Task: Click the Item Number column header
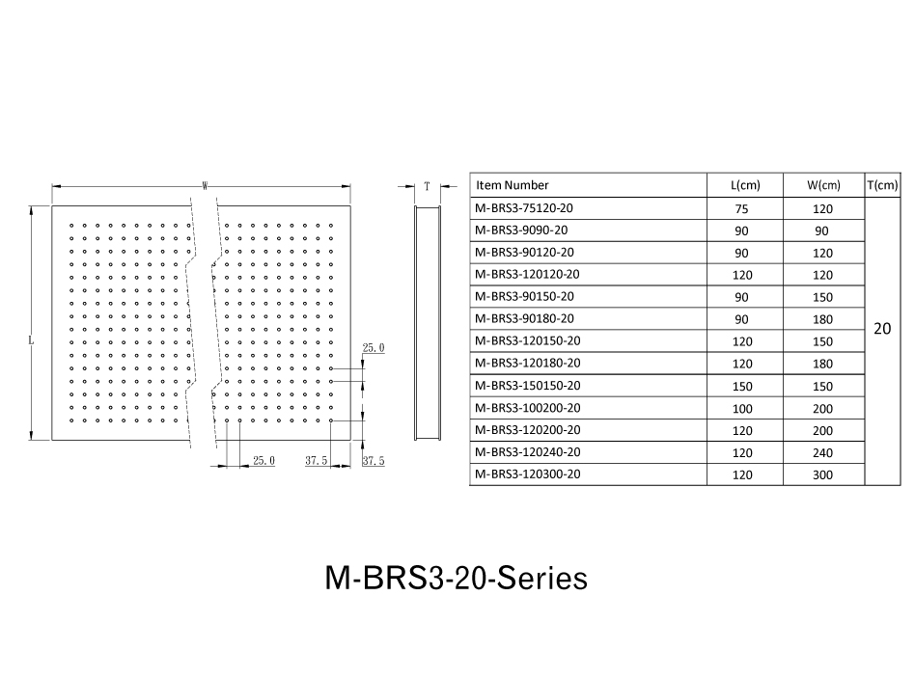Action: (x=512, y=185)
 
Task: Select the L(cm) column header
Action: (x=745, y=185)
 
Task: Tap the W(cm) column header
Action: (x=823, y=185)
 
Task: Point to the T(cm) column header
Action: (x=882, y=185)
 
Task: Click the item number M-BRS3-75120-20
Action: (x=523, y=208)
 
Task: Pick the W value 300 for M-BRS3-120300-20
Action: (x=822, y=474)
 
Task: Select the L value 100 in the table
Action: (x=742, y=409)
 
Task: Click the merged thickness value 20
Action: (x=882, y=329)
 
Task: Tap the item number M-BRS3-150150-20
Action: (x=528, y=386)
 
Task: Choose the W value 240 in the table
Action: (x=822, y=452)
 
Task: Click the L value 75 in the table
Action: (x=741, y=208)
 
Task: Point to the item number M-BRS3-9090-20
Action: (x=521, y=230)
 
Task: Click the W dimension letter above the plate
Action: (x=205, y=186)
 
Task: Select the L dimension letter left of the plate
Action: (x=31, y=340)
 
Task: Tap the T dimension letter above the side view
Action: (x=427, y=186)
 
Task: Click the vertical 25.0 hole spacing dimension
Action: (x=374, y=347)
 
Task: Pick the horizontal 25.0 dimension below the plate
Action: (x=263, y=461)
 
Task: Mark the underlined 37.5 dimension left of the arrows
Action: (x=317, y=461)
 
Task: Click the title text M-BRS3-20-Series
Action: (x=456, y=579)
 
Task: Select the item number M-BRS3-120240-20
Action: (x=528, y=452)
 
